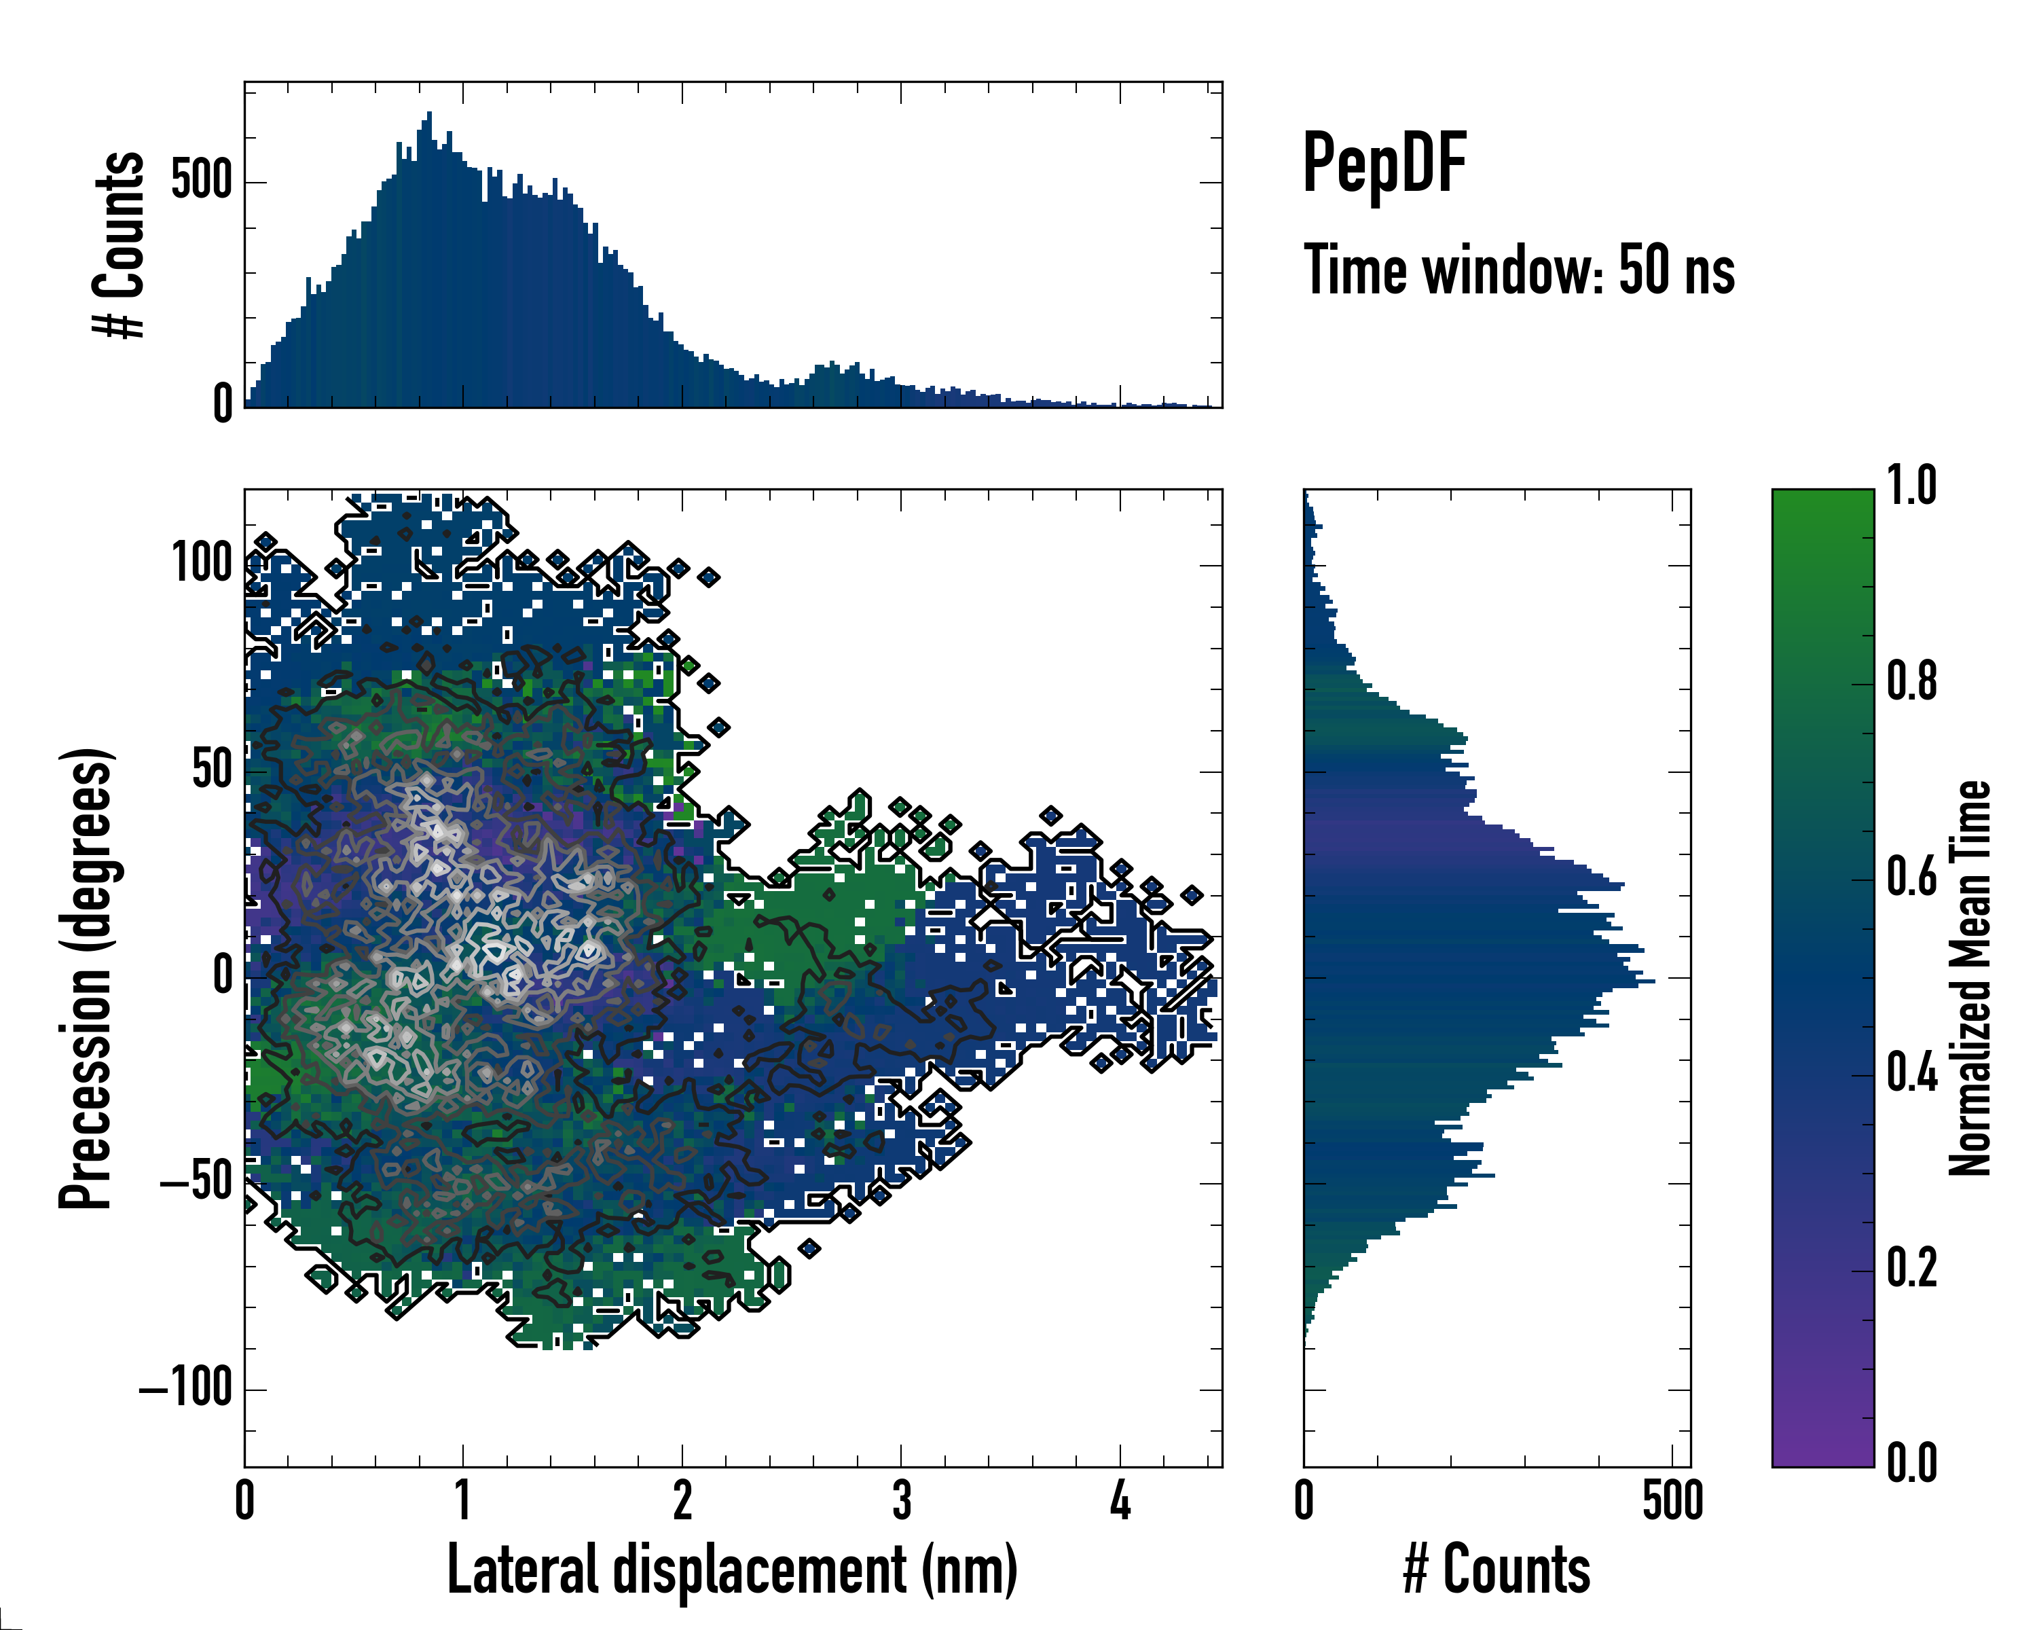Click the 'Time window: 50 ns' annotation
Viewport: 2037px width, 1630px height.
(x=1518, y=270)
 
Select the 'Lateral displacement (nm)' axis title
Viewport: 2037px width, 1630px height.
(x=732, y=1570)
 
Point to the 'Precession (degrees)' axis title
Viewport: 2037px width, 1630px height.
(x=86, y=978)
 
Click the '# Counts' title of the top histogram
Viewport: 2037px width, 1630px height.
(x=119, y=244)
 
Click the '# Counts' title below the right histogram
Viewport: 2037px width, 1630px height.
(x=1497, y=1570)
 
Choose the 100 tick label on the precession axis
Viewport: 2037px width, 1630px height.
(x=201, y=564)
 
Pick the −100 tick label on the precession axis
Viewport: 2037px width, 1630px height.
(x=186, y=1389)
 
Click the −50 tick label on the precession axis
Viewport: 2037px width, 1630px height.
(x=196, y=1183)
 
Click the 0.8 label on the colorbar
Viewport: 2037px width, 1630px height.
(x=1911, y=681)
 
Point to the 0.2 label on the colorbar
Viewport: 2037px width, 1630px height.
(x=1911, y=1268)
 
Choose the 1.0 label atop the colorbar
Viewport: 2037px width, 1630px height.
(x=1911, y=486)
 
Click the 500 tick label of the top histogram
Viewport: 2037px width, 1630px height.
(x=201, y=181)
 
